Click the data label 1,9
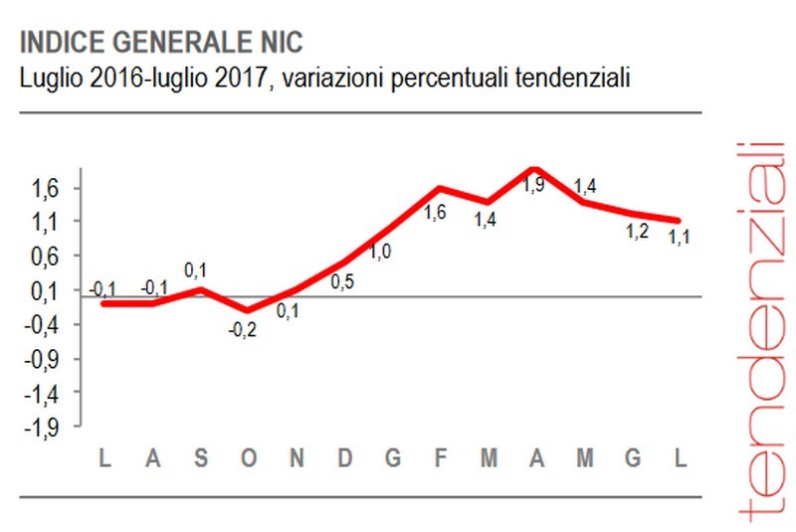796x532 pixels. point(534,185)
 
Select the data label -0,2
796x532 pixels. point(242,331)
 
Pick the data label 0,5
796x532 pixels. point(342,282)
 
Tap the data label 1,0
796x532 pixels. point(380,253)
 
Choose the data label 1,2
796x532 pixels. point(637,233)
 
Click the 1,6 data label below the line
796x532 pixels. point(435,212)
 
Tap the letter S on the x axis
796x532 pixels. point(201,458)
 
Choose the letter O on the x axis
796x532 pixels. point(248,458)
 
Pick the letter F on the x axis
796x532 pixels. point(440,458)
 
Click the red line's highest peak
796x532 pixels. point(534,170)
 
